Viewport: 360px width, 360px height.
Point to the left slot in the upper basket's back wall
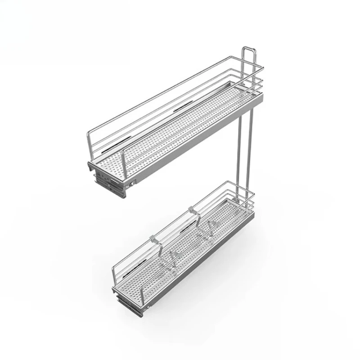tap(109, 147)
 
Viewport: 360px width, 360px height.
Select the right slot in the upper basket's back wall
tap(181, 107)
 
